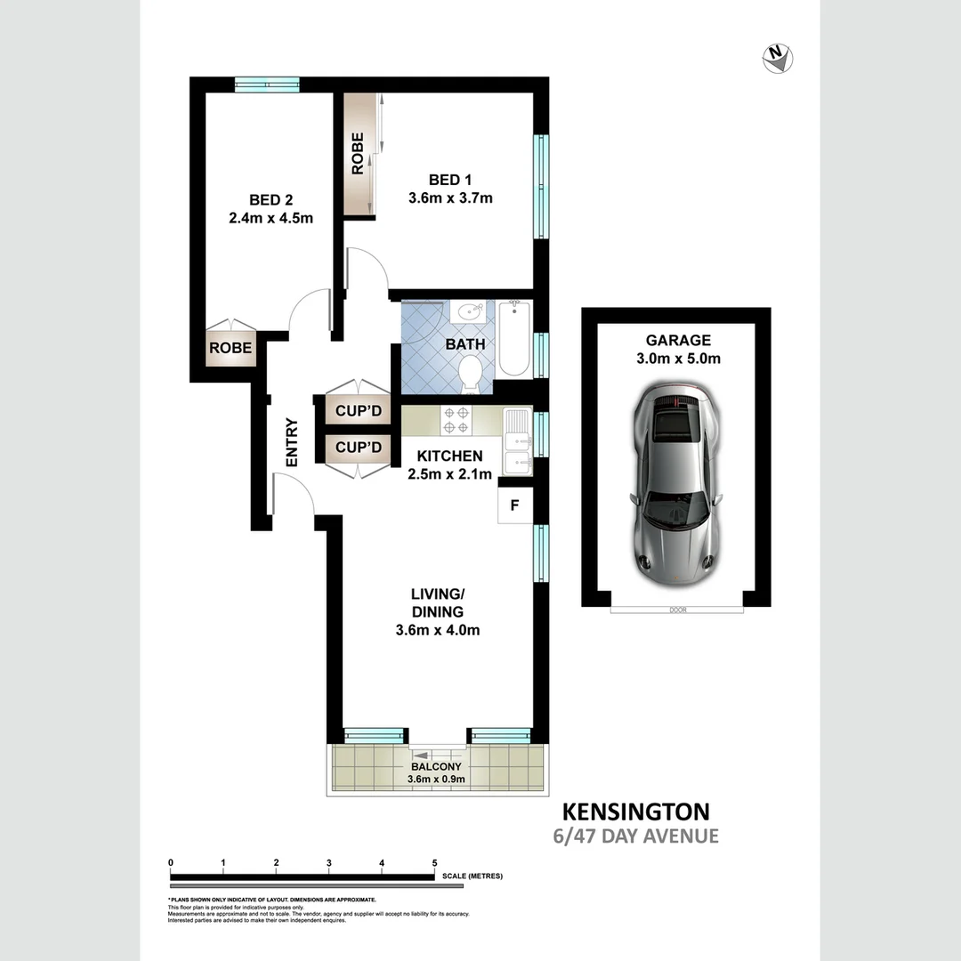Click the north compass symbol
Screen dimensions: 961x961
[x=778, y=59]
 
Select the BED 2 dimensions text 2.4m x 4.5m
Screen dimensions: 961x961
[x=271, y=217]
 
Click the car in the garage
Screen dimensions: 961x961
[x=672, y=488]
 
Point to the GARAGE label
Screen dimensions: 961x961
[x=678, y=340]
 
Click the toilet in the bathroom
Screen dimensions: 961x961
[x=469, y=373]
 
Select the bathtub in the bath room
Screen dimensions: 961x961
[x=515, y=339]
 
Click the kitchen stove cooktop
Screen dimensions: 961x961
[x=456, y=420]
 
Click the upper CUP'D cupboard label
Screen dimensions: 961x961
[x=359, y=411]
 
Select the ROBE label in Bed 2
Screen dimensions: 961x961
[x=230, y=348]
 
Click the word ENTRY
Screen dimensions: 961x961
[x=291, y=442]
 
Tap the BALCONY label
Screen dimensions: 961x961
[x=436, y=767]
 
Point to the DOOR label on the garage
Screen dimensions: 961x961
[x=678, y=610]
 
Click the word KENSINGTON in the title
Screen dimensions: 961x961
[x=635, y=812]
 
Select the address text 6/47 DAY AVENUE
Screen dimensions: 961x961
[x=635, y=836]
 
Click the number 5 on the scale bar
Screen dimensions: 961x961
[x=434, y=863]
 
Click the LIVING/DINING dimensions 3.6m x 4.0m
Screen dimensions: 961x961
[x=437, y=631]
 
